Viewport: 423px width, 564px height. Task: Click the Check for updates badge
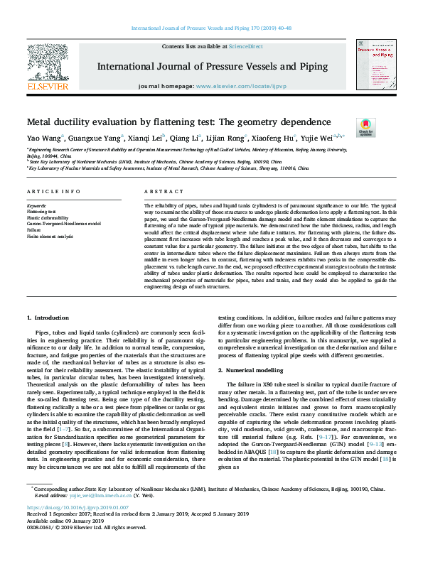pos(365,127)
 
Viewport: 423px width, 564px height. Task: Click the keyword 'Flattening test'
pos(41,212)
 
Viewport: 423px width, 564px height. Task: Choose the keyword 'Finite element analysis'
pos(49,236)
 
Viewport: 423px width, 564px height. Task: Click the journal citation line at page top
pos(211,29)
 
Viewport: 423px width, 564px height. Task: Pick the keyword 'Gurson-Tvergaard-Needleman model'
pos(63,224)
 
